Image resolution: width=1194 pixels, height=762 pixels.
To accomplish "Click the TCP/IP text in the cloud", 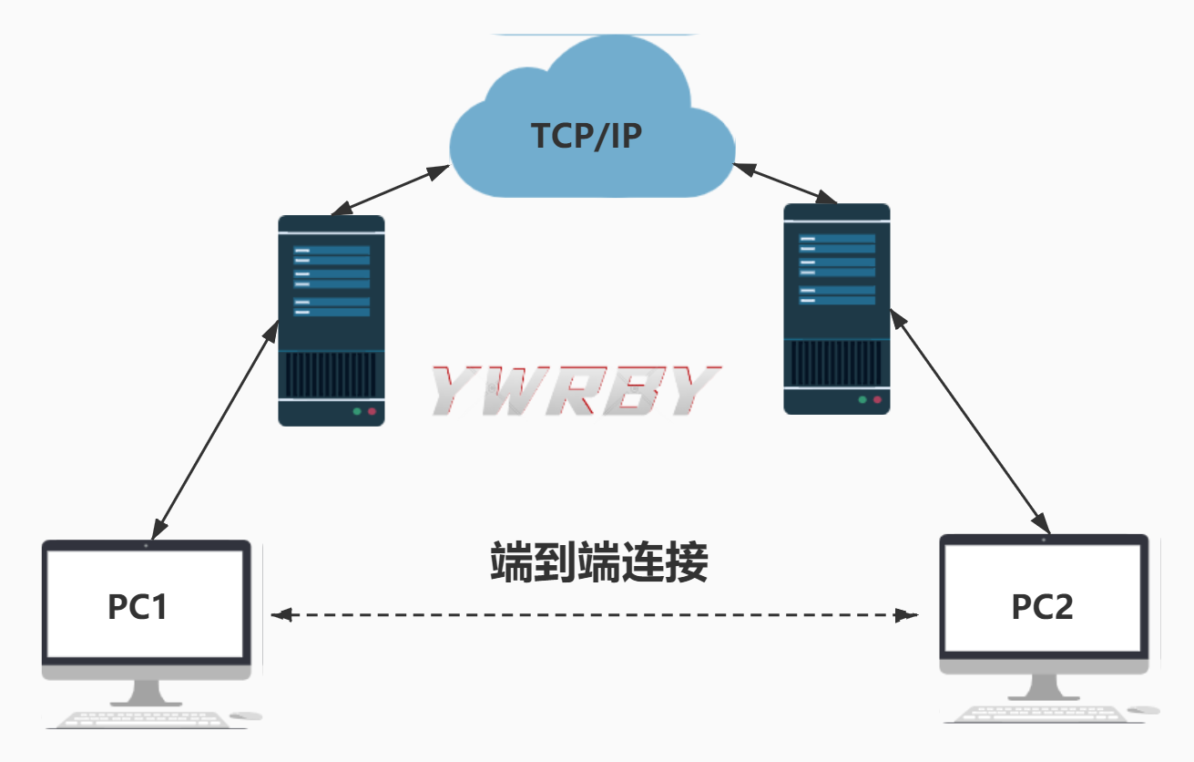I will click(587, 136).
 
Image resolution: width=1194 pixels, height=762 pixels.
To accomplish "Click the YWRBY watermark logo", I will click(574, 391).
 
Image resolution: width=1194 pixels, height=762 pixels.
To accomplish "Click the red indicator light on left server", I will click(372, 412).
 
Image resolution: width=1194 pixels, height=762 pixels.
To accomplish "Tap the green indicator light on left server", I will click(356, 412).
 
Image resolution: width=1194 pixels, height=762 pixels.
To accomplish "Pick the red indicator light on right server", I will click(878, 400).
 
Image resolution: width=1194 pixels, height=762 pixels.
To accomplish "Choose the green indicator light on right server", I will click(862, 400).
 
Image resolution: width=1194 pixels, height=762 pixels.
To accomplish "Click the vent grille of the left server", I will click(331, 374).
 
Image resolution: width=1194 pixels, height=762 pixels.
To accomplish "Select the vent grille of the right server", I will click(837, 363).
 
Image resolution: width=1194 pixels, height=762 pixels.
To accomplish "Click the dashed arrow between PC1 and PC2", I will click(592, 615).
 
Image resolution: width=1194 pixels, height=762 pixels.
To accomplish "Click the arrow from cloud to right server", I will click(785, 182).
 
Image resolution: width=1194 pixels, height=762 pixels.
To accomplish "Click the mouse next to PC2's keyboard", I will click(1144, 709).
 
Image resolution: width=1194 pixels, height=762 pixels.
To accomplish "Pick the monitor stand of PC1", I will click(147, 692).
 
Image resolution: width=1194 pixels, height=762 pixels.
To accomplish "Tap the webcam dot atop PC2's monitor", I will click(1044, 540).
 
